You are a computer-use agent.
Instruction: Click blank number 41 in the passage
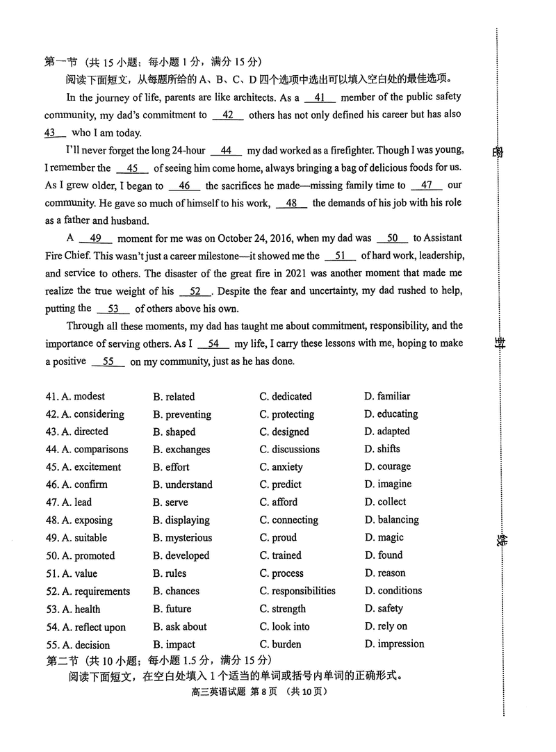320,98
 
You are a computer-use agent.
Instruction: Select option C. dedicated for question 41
286,397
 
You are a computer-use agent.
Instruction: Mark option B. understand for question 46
182,485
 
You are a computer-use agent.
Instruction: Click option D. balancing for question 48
391,520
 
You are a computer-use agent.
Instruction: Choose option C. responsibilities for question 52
297,591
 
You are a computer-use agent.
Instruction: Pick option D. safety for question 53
383,609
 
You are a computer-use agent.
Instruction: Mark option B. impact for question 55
174,645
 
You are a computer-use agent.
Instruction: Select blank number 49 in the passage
96,238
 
